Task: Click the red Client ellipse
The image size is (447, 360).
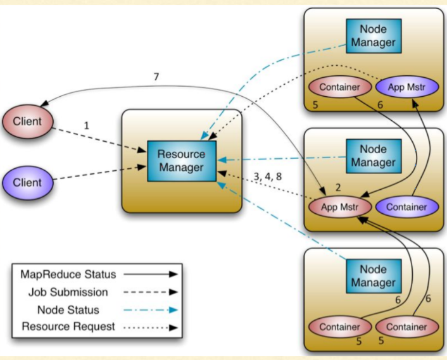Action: [28, 121]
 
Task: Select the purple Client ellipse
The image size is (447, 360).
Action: [28, 183]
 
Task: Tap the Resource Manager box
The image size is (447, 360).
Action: [182, 161]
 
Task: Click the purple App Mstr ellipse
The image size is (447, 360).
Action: [407, 87]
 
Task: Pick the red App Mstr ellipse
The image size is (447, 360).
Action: [340, 207]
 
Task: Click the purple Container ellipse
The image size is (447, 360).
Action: [407, 207]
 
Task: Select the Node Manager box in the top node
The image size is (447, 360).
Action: [374, 36]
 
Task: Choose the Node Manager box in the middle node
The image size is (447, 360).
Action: [374, 156]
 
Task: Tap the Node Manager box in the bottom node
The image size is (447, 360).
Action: [374, 276]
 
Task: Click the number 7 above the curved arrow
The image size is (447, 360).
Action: [156, 77]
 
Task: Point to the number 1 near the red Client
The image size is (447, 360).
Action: [87, 125]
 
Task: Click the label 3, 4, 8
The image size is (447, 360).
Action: [268, 177]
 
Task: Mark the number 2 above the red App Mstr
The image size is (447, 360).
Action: [338, 187]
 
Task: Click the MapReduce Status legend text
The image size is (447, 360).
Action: [68, 275]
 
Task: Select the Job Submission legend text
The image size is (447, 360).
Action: [68, 292]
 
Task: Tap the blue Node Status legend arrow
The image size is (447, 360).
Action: [151, 310]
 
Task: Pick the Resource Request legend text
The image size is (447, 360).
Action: [68, 326]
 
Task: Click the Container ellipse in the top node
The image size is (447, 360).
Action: [340, 87]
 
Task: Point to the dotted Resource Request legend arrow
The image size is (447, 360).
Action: [151, 328]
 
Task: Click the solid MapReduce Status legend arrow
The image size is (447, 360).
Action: [151, 275]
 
